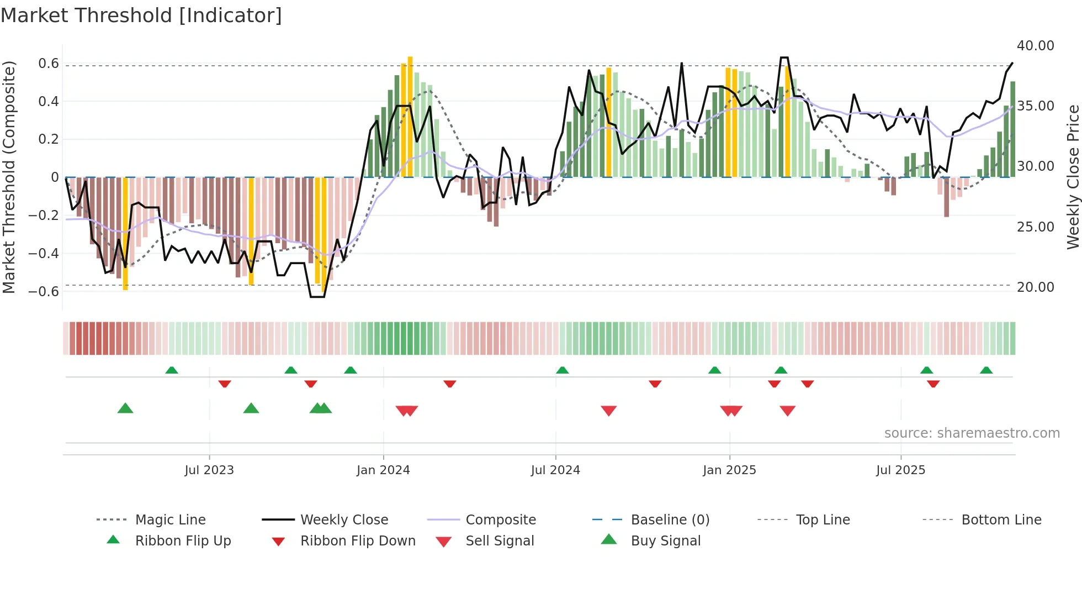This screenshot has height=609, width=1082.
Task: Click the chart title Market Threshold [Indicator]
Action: tap(141, 15)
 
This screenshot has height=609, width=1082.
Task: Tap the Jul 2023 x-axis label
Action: tap(209, 470)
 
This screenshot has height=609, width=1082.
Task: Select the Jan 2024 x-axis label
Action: tap(383, 470)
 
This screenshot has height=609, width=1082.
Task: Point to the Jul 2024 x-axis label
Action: tap(555, 470)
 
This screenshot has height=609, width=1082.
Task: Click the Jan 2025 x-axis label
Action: tap(729, 470)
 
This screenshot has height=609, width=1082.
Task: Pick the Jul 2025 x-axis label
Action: tap(900, 470)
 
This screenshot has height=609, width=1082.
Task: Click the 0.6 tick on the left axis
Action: tap(49, 64)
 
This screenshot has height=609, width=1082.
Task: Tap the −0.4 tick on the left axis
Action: tap(44, 254)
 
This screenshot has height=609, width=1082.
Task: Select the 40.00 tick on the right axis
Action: tap(1036, 46)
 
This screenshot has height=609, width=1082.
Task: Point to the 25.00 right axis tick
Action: tap(1036, 227)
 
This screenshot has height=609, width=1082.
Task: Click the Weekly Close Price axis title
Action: tap(1073, 177)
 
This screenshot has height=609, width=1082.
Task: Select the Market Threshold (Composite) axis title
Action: tap(9, 177)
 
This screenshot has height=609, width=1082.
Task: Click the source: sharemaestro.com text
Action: tap(972, 433)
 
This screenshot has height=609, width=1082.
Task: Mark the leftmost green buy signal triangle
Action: tap(125, 408)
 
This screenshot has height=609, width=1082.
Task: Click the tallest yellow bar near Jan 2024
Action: tap(410, 116)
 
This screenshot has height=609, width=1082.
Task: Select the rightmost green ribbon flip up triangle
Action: tap(986, 370)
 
